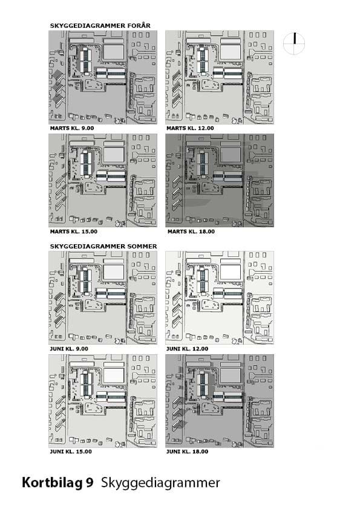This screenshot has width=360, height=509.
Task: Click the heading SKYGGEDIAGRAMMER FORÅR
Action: tap(100, 25)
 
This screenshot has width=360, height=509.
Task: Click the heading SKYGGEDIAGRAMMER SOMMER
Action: tap(103, 247)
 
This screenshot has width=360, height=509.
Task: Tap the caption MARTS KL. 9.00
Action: tap(72, 128)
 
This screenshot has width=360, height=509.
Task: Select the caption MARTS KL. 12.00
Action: tap(190, 128)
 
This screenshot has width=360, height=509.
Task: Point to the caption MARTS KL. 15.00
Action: tap(73, 232)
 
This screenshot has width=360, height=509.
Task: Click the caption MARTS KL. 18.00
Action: tap(191, 232)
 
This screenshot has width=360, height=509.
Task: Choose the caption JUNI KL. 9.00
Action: tap(69, 349)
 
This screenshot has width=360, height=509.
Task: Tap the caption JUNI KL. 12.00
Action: tap(187, 349)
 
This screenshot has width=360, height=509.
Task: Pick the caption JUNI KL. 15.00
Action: tap(71, 452)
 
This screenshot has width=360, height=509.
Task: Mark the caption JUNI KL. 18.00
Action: tap(187, 452)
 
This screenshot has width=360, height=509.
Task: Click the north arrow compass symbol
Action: tap(294, 43)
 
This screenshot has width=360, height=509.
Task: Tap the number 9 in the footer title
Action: tap(90, 482)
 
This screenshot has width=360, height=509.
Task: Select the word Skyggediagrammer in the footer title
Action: tap(160, 484)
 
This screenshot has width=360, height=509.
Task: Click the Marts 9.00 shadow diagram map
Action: tap(103, 77)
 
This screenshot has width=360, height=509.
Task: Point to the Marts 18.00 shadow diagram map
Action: tap(219, 181)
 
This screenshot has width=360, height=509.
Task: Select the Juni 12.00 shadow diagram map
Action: tap(219, 297)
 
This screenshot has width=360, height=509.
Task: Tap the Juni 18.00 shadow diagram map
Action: tap(219, 401)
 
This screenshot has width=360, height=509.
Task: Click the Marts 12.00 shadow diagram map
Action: tap(219, 77)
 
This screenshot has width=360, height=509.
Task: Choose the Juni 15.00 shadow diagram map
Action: tap(103, 401)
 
